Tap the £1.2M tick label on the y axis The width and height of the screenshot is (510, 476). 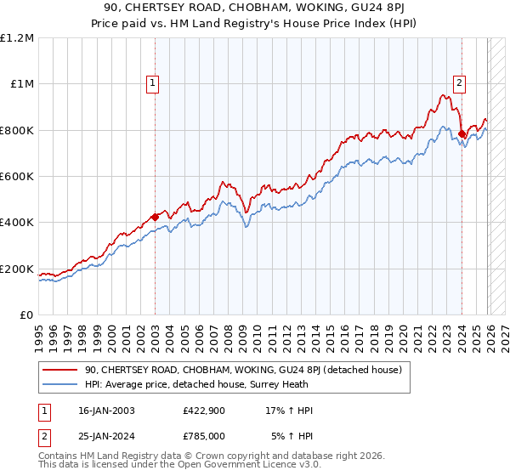pyautogui.click(x=17, y=38)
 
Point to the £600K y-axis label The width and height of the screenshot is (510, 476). pyautogui.click(x=17, y=177)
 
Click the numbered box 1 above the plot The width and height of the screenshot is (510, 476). pyautogui.click(x=152, y=83)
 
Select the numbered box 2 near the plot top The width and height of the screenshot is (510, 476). pyautogui.click(x=459, y=83)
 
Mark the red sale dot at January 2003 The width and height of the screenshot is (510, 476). pyautogui.click(x=156, y=217)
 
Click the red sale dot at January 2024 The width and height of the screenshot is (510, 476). pyautogui.click(x=462, y=133)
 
